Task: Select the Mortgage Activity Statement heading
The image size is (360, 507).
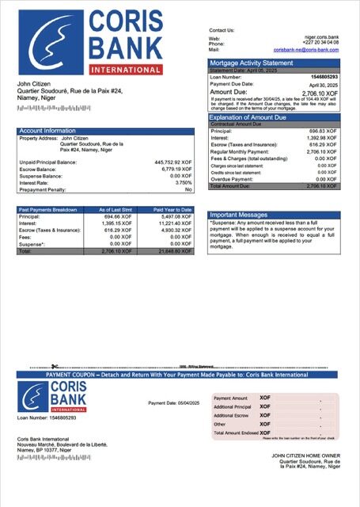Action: pyautogui.click(x=250, y=63)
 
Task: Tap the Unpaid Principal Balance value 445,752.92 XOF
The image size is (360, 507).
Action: pyautogui.click(x=173, y=162)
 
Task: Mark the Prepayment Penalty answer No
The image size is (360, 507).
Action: pyautogui.click(x=188, y=189)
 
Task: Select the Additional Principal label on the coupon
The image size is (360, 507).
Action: pyautogui.click(x=232, y=406)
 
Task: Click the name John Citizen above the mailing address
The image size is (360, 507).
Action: pyautogui.click(x=36, y=83)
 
